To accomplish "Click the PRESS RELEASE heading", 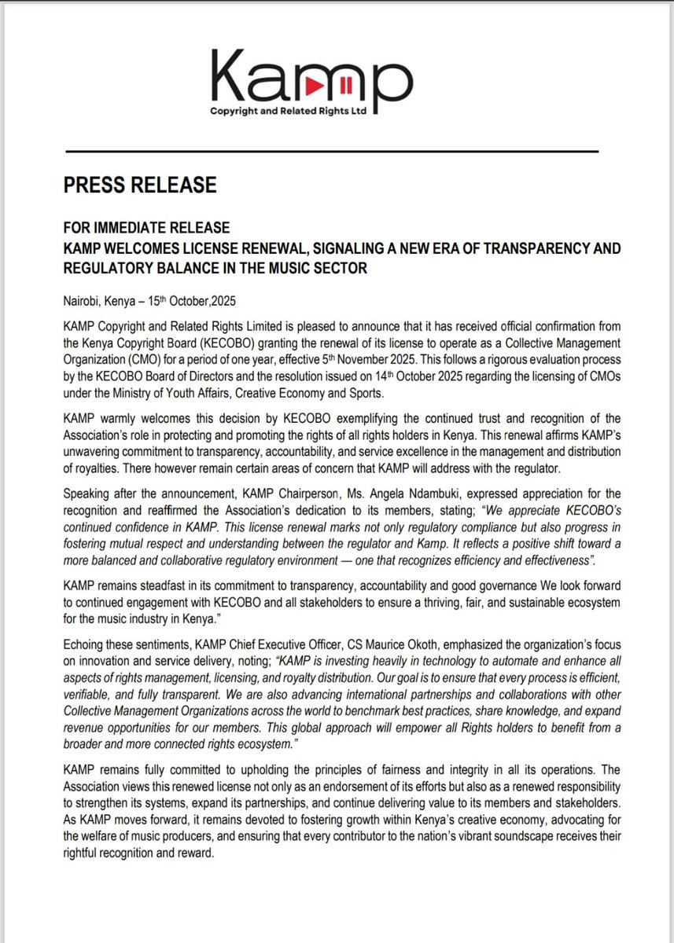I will (139, 185).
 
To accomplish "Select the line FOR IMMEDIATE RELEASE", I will (146, 228).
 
